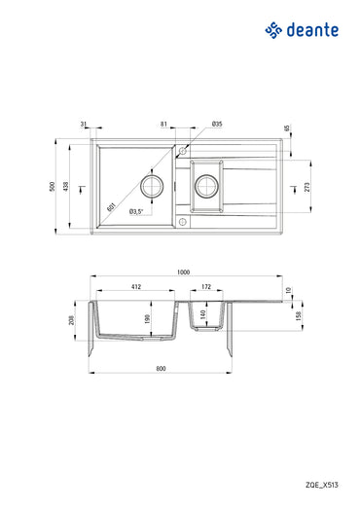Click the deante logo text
310,32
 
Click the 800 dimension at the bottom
161,368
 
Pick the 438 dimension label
67,186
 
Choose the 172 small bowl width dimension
205,287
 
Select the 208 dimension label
72,320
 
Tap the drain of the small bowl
207,183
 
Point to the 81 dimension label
162,125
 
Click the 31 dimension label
85,125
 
